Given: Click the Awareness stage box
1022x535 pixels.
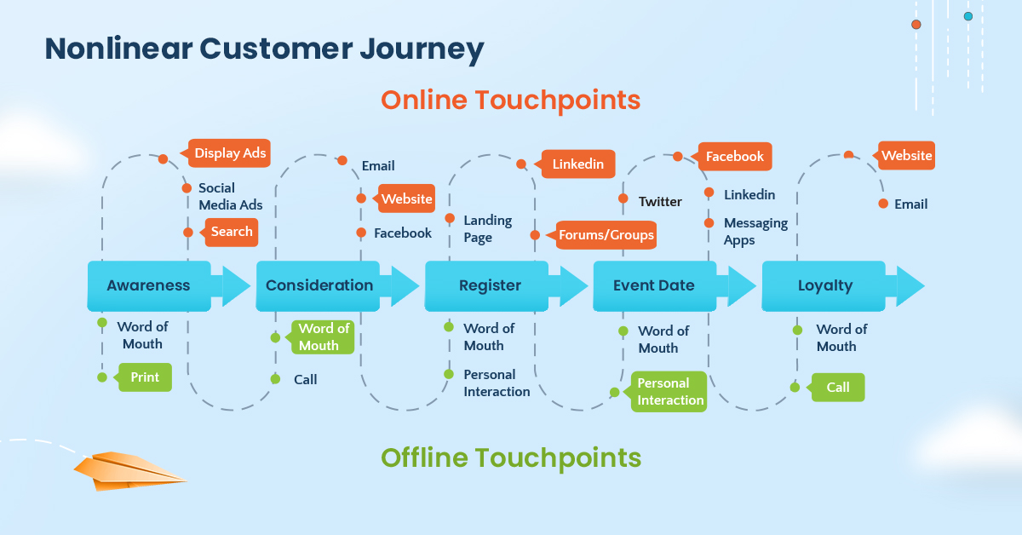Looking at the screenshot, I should tap(148, 285).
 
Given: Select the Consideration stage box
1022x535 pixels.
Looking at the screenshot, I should tap(319, 285).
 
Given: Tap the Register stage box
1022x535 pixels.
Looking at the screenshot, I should tap(490, 285).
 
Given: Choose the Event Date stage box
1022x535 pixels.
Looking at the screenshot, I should tap(654, 285).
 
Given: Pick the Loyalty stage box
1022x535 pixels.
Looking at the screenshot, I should tap(824, 285).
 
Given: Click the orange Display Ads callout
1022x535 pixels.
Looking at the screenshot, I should tap(229, 153).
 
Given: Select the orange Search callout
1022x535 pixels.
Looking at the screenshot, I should tap(231, 232).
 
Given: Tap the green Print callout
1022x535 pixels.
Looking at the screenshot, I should tap(145, 377).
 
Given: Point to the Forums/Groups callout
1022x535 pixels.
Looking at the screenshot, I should tap(606, 235).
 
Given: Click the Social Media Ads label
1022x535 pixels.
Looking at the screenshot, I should tap(230, 197).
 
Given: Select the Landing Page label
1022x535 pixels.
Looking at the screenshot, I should tap(487, 228).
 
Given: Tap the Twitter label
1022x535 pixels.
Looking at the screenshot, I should tap(660, 202).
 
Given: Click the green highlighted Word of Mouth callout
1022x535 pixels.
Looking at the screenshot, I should tap(323, 337).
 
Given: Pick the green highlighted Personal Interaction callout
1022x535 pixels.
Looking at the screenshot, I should tap(670, 392).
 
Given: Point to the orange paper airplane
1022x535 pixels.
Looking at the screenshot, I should tap(123, 470).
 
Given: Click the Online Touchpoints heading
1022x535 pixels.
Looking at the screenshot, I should tap(510, 100).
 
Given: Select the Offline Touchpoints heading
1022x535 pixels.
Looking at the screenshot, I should tap(510, 458).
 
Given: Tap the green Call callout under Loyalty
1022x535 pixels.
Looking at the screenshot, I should tap(837, 387).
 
